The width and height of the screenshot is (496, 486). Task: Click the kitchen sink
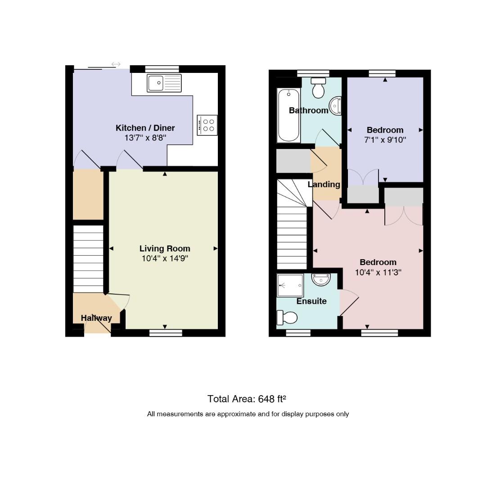click(164, 83)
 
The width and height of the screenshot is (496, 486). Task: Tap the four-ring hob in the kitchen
click(207, 125)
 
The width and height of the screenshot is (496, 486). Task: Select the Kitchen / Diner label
click(145, 128)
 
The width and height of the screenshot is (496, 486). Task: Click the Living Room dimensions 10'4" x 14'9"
click(165, 259)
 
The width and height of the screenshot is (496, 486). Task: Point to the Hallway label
click(96, 318)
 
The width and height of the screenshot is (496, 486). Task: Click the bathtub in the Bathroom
click(289, 115)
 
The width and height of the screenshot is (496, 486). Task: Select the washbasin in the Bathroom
click(336, 106)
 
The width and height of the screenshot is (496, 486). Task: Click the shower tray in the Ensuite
click(290, 286)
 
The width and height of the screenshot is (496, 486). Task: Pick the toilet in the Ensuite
click(287, 318)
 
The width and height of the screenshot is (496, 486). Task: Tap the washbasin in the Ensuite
click(321, 279)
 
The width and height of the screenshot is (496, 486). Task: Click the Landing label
click(324, 184)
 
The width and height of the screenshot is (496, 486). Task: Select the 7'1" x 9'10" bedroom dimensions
click(385, 140)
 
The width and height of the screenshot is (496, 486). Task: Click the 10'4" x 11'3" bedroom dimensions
click(378, 272)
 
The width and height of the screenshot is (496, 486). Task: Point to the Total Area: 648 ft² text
click(247, 399)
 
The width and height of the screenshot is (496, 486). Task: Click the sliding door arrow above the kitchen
click(116, 64)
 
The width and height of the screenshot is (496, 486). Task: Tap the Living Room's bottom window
click(166, 333)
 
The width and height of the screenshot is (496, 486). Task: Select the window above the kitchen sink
click(162, 69)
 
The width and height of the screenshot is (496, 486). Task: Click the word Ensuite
click(311, 301)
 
